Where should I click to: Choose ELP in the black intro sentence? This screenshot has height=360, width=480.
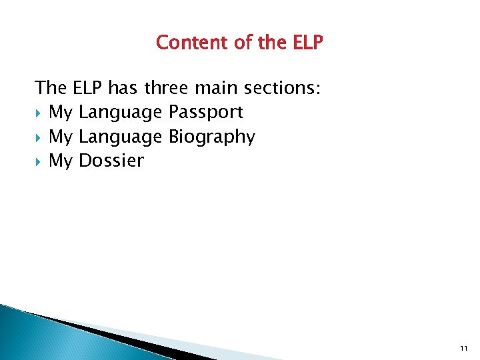click(85, 87)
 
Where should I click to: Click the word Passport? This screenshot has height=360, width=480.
click(205, 112)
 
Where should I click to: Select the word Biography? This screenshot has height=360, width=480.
click(211, 137)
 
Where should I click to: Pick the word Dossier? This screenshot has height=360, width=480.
click(111, 161)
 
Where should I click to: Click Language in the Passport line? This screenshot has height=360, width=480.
click(120, 112)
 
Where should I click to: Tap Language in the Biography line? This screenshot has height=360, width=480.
click(120, 137)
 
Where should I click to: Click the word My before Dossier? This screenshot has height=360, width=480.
click(61, 161)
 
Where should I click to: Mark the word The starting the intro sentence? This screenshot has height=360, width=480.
click(51, 87)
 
